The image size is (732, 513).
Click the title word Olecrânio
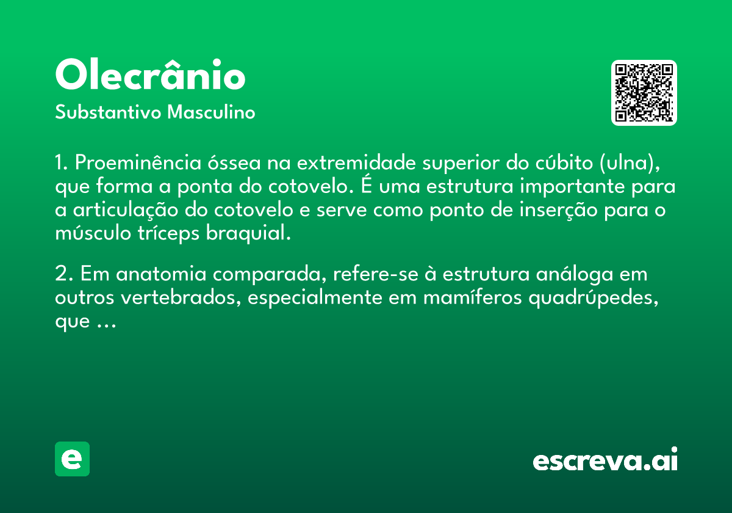point(150,76)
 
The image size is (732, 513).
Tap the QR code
point(644,93)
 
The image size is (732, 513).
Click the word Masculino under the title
point(211,113)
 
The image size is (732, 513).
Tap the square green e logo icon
point(72,459)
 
